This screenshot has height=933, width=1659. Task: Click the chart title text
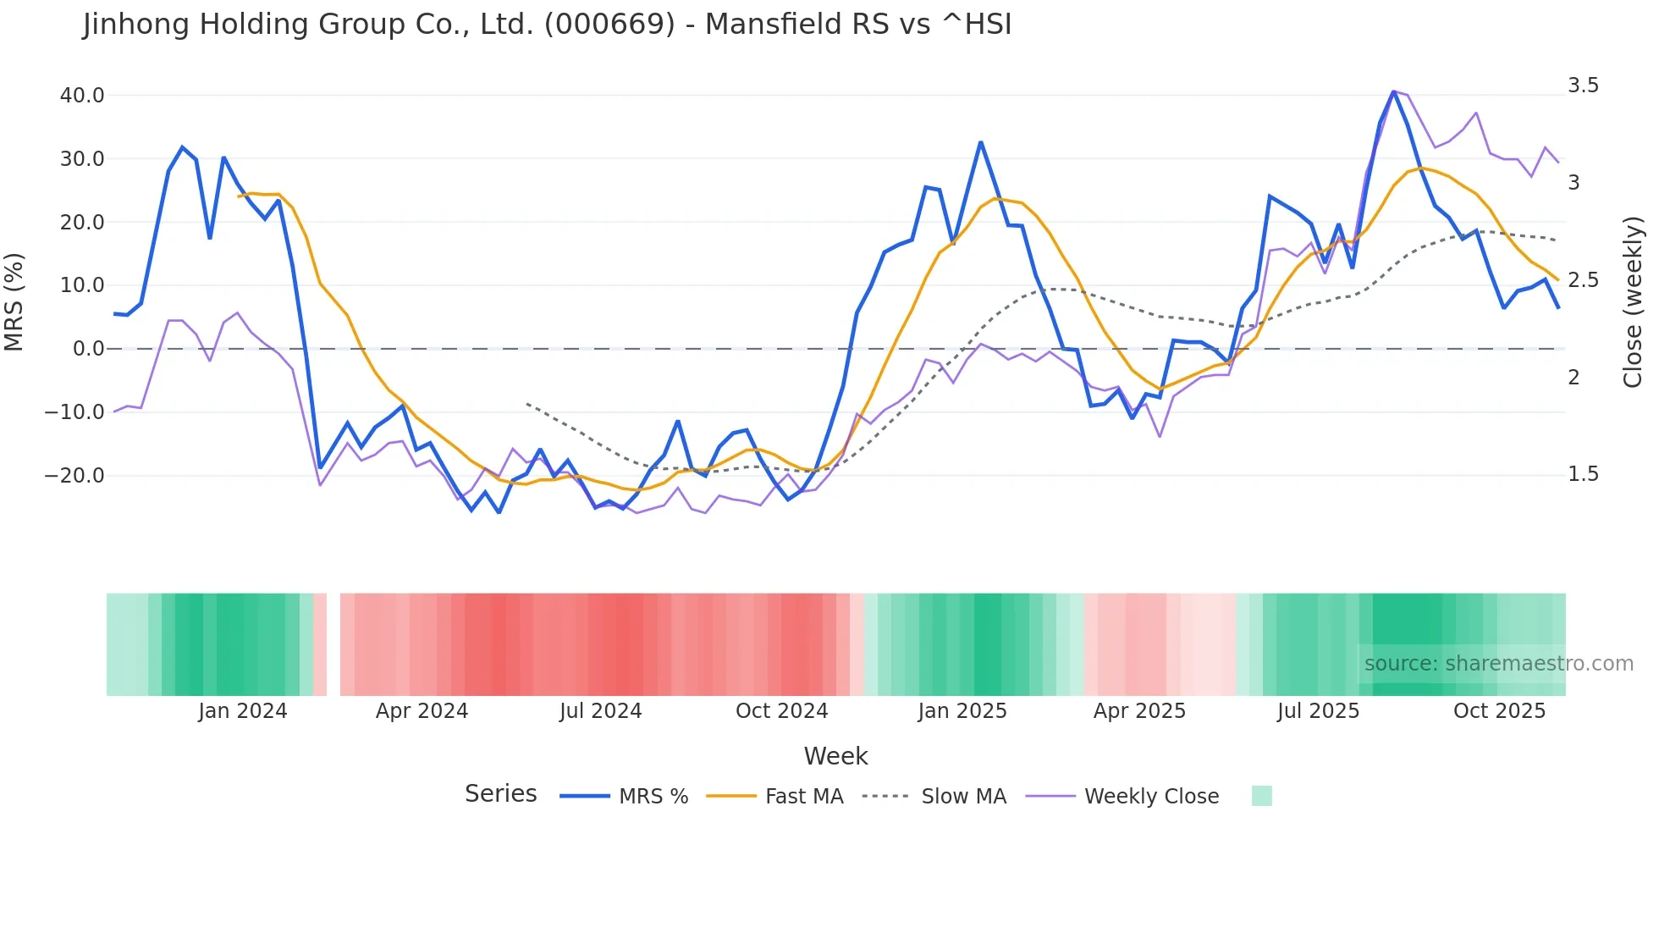pyautogui.click(x=547, y=25)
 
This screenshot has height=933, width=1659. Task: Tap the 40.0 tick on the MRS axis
pyautogui.click(x=82, y=96)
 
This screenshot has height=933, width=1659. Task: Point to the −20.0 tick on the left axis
pyautogui.click(x=75, y=476)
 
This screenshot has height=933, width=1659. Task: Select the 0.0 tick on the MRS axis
pyautogui.click(x=89, y=349)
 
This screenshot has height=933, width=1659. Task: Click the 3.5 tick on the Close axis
pyautogui.click(x=1583, y=86)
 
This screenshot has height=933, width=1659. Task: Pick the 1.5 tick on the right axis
pyautogui.click(x=1583, y=474)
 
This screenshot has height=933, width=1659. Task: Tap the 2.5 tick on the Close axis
pyautogui.click(x=1583, y=280)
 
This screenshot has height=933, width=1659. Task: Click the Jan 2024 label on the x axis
pyautogui.click(x=243, y=711)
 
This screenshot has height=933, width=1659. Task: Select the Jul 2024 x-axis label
pyautogui.click(x=601, y=711)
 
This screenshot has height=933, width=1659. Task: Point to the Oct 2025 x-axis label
pyautogui.click(x=1499, y=711)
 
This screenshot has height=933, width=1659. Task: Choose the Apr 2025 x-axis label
pyautogui.click(x=1139, y=711)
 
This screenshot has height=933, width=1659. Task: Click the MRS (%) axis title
pyautogui.click(x=14, y=301)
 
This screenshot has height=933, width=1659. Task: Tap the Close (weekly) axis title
pyautogui.click(x=1633, y=301)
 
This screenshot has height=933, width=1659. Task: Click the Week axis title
pyautogui.click(x=835, y=756)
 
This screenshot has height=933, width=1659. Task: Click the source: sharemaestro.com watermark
pyautogui.click(x=1498, y=664)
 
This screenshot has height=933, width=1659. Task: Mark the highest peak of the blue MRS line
pyautogui.click(x=1393, y=91)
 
